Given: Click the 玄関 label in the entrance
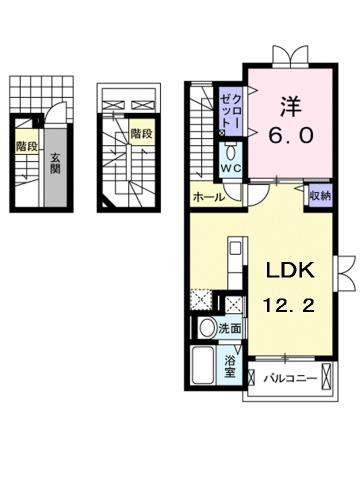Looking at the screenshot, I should point(56,160).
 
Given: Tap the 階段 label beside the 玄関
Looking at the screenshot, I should point(27,145).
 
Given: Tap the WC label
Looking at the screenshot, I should point(229,169).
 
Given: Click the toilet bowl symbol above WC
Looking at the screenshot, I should point(230,153).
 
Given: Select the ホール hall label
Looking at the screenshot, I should point(208,197).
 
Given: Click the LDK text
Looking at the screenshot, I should point(290,271).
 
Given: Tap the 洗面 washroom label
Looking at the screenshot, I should point(229,327).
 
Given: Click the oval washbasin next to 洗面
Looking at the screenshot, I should point(205,328).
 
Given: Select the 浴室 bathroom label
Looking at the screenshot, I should point(230,366).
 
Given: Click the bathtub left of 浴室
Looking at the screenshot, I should point(204,367).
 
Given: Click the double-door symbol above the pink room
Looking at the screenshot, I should point(295,56).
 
